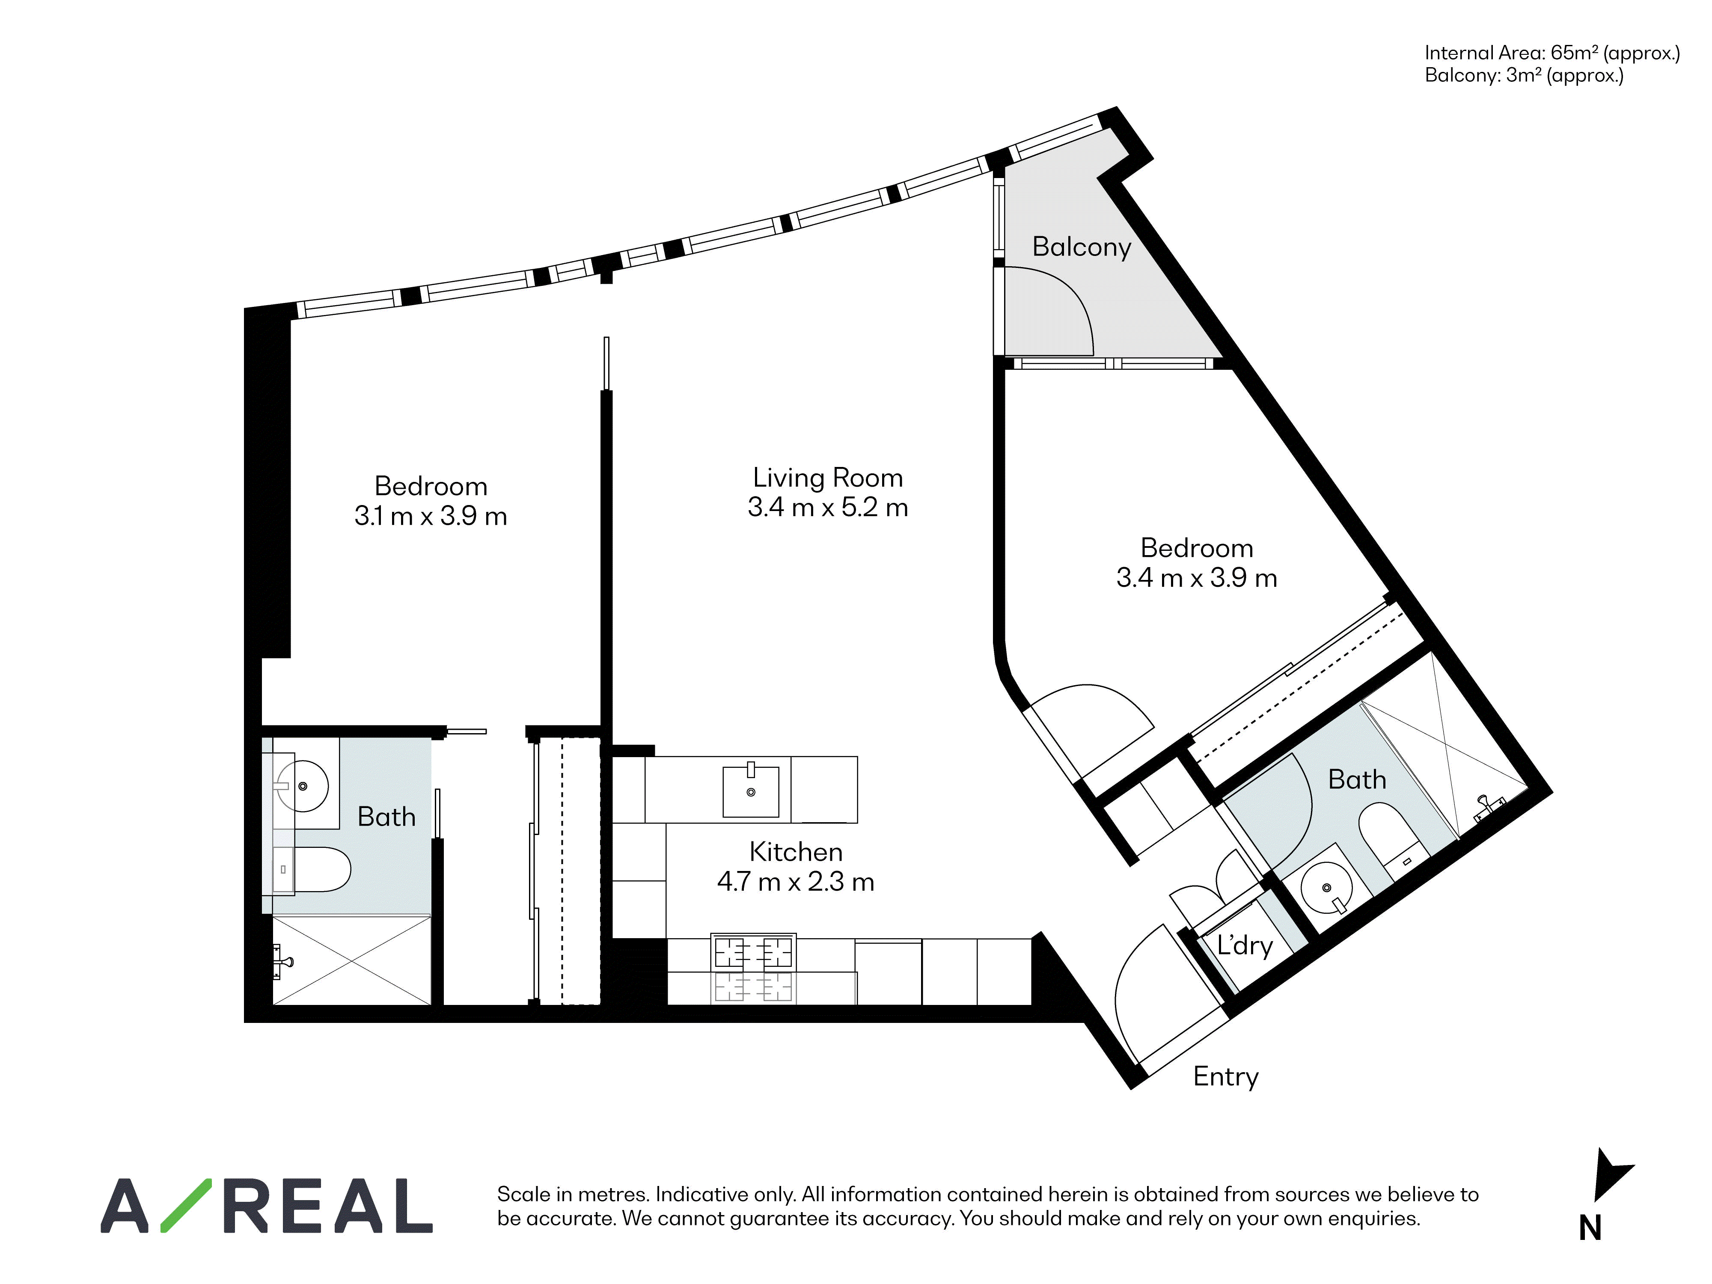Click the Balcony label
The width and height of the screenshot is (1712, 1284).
point(1081,247)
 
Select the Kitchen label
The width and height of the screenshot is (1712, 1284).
point(796,852)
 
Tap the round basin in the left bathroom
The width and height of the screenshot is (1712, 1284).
point(302,785)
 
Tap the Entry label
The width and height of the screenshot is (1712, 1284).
point(1226,1076)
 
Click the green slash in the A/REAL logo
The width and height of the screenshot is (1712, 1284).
point(186,1205)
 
